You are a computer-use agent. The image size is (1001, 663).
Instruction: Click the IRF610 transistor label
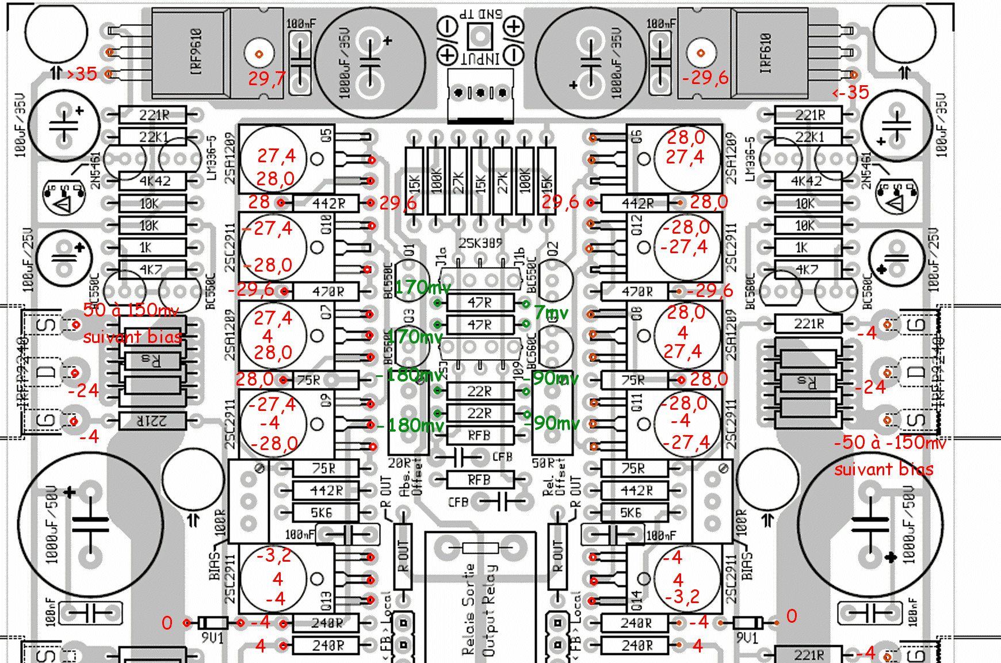765,53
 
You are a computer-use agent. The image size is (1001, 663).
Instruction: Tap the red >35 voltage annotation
82,74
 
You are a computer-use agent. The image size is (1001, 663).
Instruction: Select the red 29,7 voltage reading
265,79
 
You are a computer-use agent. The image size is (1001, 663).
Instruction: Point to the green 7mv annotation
551,313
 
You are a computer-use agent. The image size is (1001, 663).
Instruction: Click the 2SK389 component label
480,243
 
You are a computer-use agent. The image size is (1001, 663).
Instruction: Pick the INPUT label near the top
480,58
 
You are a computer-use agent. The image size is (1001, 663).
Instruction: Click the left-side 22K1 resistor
153,137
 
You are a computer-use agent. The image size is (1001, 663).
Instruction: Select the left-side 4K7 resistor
152,269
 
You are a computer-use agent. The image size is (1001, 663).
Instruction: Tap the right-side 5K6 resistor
631,512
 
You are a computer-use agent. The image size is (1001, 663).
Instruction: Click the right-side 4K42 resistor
807,181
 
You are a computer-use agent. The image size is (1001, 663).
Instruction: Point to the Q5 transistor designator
326,136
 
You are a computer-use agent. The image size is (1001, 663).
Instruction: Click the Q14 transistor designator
636,600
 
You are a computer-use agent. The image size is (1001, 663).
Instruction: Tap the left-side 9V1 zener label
212,638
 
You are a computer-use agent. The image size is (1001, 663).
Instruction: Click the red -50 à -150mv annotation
889,443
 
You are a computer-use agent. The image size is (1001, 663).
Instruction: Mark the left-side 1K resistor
145,247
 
